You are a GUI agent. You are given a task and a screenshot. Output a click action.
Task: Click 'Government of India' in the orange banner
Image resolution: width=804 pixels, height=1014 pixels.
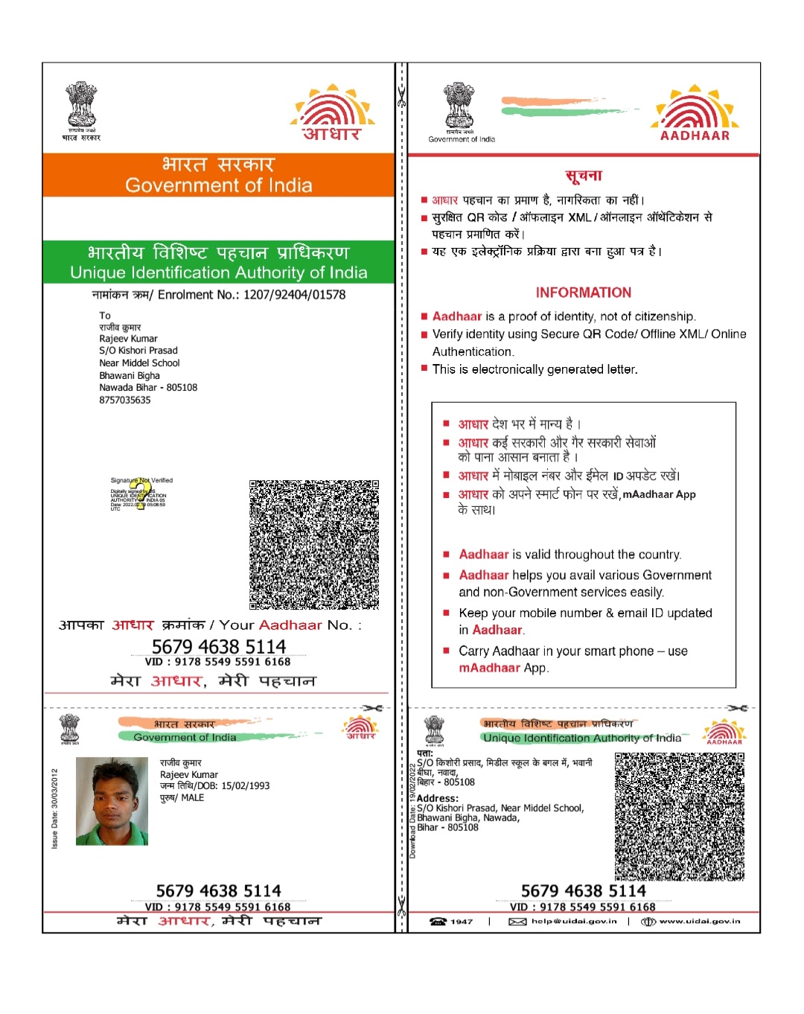click(218, 185)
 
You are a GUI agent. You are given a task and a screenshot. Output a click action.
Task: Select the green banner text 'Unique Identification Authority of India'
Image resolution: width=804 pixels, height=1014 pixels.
click(218, 272)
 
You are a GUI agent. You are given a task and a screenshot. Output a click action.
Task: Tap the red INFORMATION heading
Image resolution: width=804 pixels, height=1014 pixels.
click(583, 293)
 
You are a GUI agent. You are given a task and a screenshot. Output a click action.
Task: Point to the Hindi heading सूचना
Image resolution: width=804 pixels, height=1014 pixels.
click(583, 176)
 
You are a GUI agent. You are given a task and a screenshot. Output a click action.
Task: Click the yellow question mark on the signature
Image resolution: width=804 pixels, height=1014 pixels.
click(142, 494)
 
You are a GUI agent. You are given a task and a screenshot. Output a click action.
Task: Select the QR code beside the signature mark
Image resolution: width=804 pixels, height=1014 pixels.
click(313, 544)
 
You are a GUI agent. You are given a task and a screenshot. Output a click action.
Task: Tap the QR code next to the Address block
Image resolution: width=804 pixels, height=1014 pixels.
click(679, 816)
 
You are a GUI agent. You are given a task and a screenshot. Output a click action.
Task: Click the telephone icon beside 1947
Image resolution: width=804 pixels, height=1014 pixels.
click(438, 922)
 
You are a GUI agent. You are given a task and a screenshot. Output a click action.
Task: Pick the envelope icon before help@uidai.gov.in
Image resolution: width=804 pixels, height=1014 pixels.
click(517, 922)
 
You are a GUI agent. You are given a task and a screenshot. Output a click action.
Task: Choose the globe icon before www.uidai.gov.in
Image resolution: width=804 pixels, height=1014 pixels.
click(648, 922)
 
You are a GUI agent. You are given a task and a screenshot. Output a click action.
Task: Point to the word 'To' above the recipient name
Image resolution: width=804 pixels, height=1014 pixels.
click(105, 316)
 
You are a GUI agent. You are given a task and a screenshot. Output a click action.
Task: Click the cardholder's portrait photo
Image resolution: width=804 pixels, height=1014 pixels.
click(112, 801)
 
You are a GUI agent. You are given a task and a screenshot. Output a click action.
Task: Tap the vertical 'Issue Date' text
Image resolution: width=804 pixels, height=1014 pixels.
click(54, 809)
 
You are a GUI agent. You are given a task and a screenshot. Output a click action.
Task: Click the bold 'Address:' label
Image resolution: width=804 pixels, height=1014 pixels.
click(438, 798)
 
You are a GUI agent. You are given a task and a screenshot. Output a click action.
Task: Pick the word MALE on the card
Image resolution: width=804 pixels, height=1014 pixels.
click(192, 798)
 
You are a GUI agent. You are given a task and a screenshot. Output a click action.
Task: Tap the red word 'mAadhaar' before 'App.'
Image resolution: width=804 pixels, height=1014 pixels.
click(489, 668)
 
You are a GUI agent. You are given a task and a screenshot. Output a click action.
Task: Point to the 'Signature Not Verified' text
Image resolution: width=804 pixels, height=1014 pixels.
click(141, 480)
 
